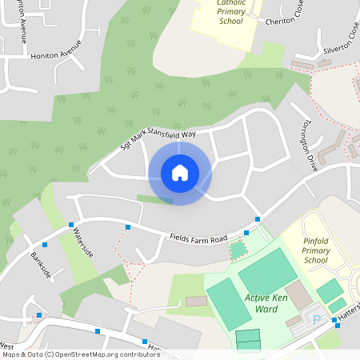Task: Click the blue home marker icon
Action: coord(180,173)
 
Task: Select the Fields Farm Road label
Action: coord(199,238)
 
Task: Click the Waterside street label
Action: coord(84,242)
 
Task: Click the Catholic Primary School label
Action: coord(231,11)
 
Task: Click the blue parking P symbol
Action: coord(316,319)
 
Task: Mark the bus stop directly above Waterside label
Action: coord(71,225)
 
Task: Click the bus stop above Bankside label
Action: coord(45,245)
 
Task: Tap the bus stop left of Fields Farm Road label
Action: coord(128,228)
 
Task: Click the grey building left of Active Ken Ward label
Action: coord(196,302)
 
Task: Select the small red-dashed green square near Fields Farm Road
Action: coord(238,250)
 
